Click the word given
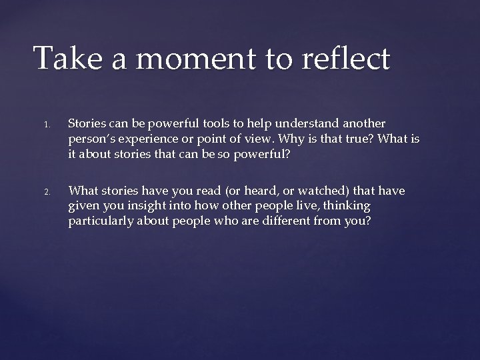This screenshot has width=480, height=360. tap(83, 205)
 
